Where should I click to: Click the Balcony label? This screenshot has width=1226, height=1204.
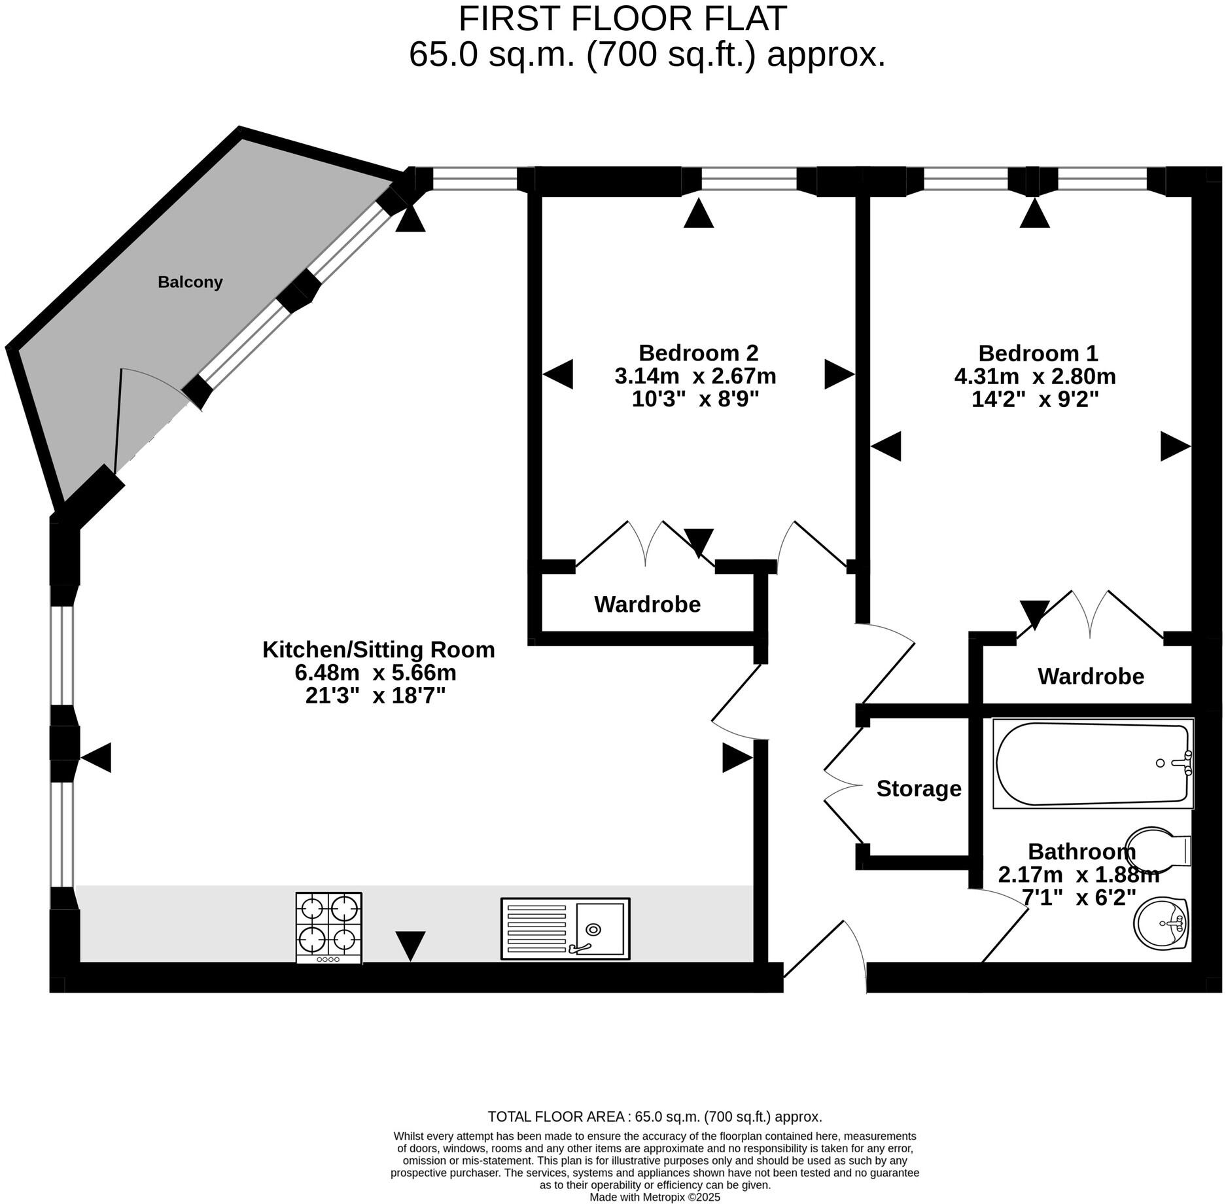pos(190,282)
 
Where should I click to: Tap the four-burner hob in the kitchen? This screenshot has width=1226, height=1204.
pos(328,927)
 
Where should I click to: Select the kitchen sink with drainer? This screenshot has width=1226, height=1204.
pos(565,929)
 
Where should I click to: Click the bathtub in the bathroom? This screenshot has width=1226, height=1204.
pos(1093,764)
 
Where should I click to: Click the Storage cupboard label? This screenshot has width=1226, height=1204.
pos(919,789)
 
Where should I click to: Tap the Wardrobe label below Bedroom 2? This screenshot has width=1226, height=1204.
pos(647,605)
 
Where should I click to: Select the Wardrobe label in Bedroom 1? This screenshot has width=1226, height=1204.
pos(1091,677)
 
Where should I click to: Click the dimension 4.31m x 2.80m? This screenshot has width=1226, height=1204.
pos(1035,377)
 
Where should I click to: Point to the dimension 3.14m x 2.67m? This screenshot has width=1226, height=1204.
pos(695,376)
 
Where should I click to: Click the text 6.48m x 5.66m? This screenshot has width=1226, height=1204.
pos(376,673)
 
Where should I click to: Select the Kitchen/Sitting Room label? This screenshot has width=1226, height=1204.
pos(378,650)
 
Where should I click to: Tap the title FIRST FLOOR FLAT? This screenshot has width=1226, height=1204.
pos(622,18)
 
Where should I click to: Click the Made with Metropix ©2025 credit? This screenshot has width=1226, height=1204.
pos(654,1197)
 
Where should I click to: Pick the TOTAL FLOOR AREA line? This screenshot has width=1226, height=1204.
pos(654,1117)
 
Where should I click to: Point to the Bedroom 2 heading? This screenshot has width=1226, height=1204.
pos(698,353)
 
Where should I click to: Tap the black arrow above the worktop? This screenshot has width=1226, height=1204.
pos(410,946)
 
